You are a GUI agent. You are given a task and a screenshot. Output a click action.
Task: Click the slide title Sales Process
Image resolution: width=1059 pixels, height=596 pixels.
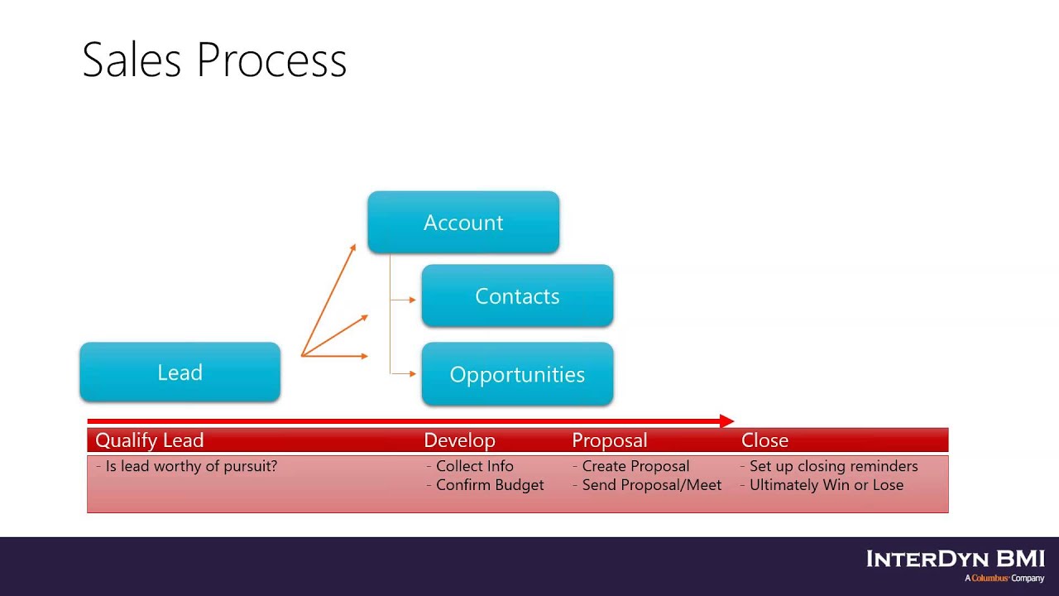[214, 60]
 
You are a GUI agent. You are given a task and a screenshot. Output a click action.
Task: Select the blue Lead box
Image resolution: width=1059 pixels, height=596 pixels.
[180, 372]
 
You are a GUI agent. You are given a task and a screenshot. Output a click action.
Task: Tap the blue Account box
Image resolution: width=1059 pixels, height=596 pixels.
[463, 223]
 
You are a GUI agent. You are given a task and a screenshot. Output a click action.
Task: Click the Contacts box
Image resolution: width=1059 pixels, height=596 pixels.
[517, 296]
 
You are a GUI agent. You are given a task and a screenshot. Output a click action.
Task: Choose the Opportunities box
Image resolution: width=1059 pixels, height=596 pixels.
[517, 374]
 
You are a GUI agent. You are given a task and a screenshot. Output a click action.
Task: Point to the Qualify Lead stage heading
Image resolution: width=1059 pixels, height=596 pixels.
[150, 440]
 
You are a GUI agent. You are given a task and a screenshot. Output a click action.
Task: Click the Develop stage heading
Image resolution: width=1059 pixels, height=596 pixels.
[459, 440]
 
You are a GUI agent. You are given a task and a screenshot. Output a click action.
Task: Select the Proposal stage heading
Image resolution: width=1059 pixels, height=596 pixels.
[609, 440]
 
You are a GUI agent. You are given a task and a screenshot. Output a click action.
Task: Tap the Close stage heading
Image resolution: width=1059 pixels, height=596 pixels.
[764, 440]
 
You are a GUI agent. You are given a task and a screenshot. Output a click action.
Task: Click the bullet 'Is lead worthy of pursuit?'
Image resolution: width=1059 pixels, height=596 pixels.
[191, 466]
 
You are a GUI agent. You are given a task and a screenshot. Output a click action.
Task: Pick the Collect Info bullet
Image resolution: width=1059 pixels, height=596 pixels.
[474, 466]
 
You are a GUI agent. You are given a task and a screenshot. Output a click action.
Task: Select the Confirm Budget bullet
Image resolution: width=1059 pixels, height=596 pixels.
[490, 485]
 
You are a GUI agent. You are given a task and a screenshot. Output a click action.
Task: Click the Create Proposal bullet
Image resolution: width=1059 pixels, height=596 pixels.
[635, 466]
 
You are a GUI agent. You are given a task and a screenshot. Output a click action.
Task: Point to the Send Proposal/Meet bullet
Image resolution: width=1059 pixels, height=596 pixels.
[651, 485]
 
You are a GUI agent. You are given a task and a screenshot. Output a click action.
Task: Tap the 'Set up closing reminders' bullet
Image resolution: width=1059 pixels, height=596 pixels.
[833, 466]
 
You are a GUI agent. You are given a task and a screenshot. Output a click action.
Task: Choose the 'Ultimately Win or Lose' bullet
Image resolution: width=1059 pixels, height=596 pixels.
[826, 485]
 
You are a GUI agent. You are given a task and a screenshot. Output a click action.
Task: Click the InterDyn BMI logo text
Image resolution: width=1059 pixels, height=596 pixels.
[956, 559]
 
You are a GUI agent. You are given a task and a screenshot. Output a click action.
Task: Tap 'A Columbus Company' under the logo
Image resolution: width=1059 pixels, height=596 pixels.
[1004, 578]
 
